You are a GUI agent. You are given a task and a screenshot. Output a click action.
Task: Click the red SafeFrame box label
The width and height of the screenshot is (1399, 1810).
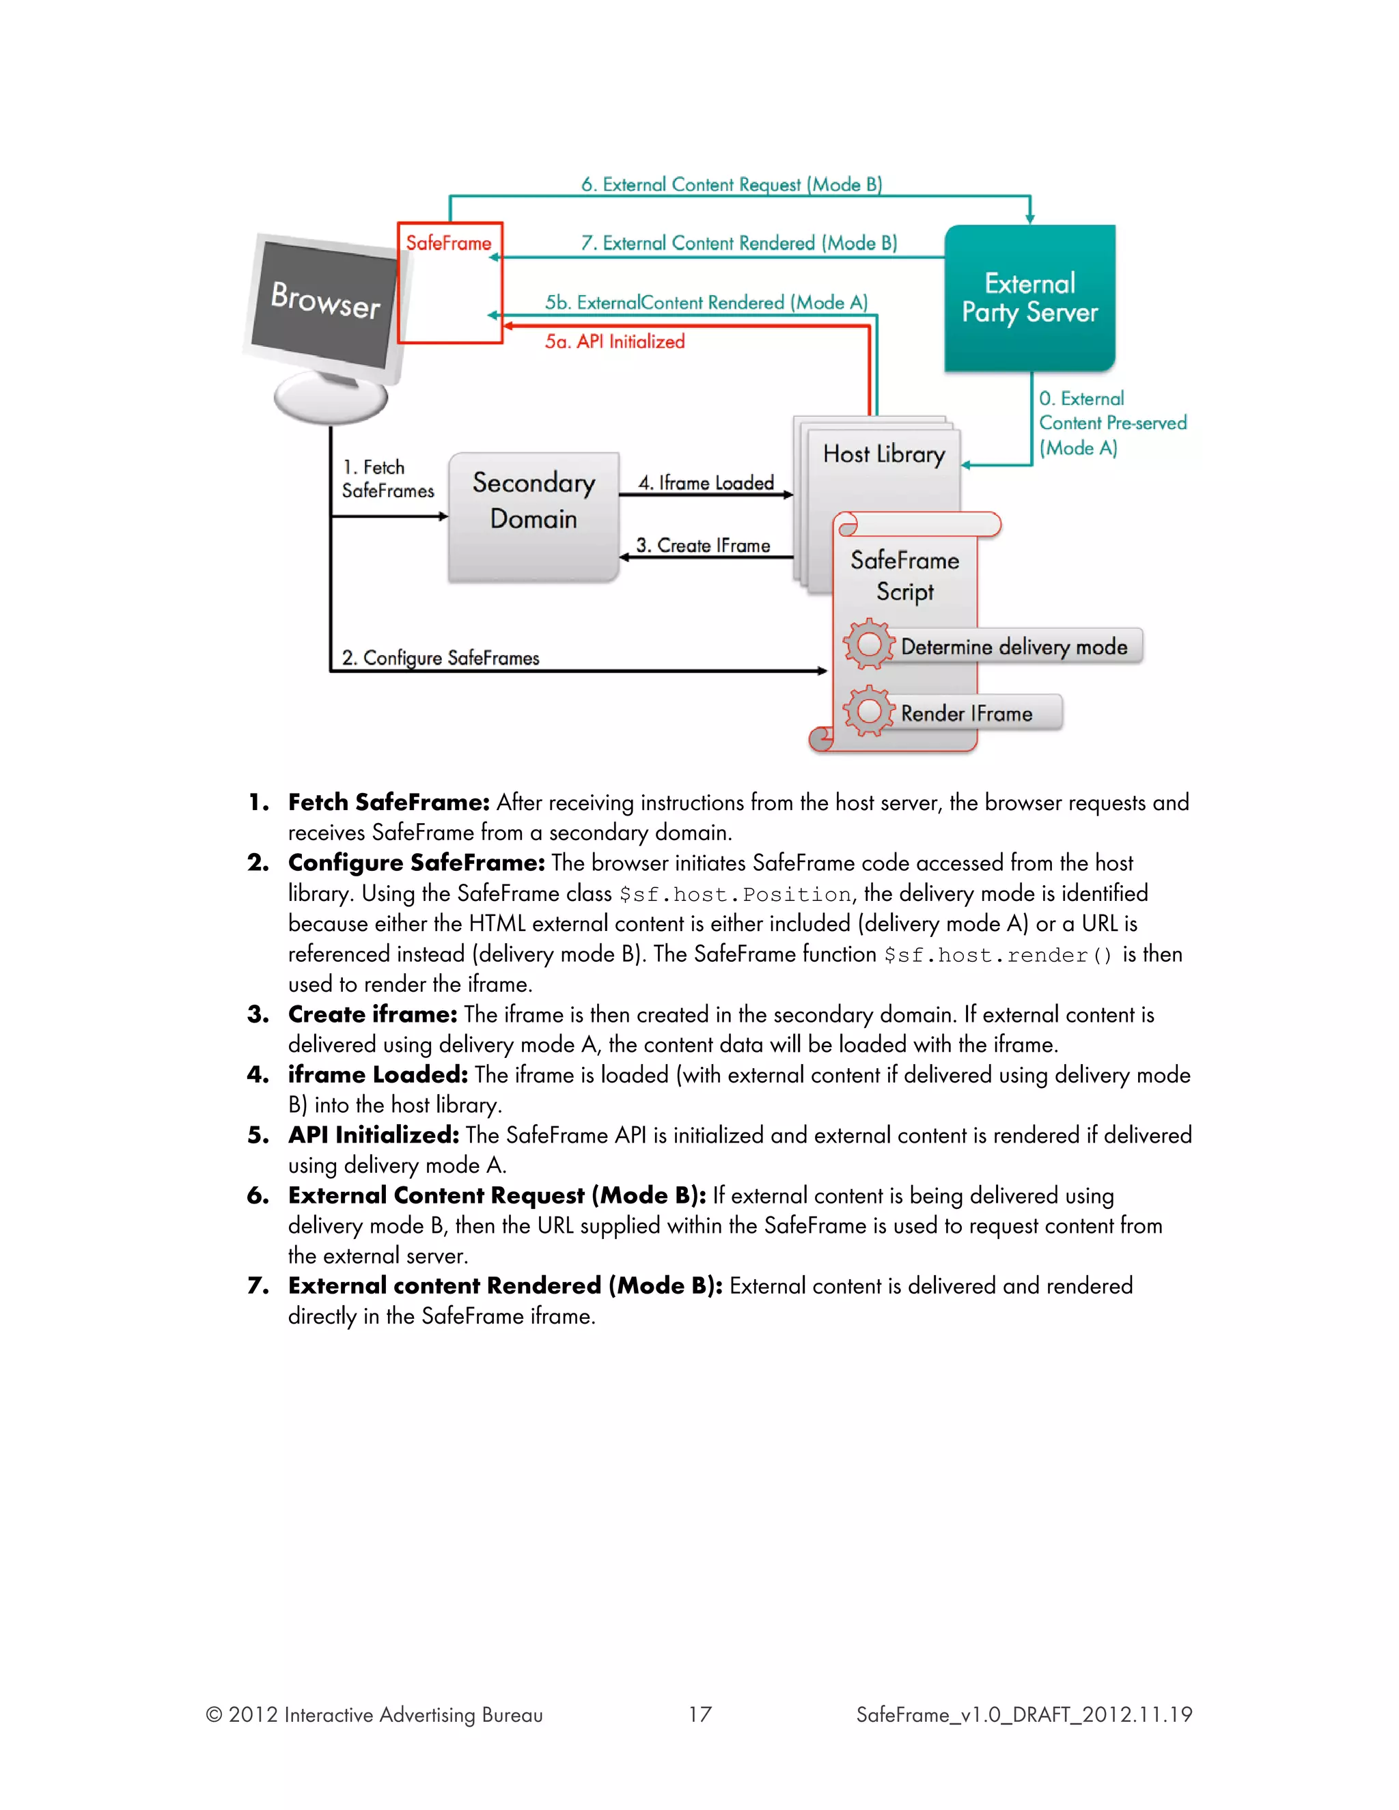[448, 243]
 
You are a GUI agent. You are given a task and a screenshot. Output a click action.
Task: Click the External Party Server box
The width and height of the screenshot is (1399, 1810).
[1029, 298]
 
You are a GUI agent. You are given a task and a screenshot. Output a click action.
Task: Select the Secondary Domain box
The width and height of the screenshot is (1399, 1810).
[533, 516]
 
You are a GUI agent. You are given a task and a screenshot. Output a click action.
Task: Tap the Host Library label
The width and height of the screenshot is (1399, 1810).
[883, 454]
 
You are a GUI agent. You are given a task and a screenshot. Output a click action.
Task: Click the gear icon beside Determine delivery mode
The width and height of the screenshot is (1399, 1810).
[869, 644]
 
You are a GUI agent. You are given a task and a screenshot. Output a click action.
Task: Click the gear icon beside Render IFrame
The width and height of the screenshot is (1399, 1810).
[869, 711]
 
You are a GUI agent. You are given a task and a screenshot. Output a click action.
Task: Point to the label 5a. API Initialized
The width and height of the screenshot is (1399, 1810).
[614, 342]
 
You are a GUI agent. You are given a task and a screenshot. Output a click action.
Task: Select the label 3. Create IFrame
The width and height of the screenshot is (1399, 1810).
[703, 545]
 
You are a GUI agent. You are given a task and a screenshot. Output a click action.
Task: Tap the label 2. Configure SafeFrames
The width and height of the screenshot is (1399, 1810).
[440, 657]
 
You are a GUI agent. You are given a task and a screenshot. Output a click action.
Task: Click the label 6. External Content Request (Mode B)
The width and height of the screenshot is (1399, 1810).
[731, 184]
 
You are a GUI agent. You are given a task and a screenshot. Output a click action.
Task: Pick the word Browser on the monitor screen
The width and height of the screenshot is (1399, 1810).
[326, 300]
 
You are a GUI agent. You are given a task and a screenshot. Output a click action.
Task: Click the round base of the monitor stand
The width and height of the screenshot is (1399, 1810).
[331, 400]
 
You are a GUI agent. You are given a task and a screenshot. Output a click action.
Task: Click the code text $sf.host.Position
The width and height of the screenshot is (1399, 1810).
[735, 895]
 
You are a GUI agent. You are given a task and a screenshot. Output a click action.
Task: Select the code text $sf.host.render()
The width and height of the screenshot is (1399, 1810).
[998, 956]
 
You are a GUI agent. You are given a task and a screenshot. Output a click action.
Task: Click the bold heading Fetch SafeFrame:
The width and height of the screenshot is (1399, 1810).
[389, 803]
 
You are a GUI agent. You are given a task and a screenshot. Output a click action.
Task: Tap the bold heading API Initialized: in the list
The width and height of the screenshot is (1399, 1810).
[373, 1134]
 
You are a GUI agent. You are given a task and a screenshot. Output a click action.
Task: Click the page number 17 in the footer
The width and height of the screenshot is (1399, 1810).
[699, 1714]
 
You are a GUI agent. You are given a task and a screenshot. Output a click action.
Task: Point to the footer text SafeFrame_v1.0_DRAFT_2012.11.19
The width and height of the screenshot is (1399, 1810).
[1023, 1714]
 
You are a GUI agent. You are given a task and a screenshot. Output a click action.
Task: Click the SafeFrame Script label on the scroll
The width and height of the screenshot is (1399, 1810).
[904, 576]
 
